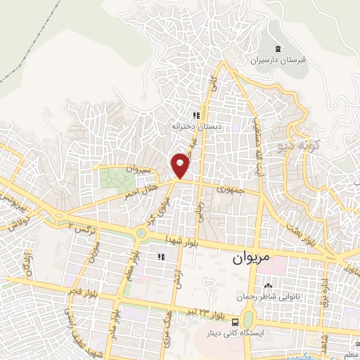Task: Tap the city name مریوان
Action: tap(250, 258)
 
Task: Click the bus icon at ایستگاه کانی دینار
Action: tap(234, 321)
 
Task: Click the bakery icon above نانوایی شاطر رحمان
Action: tap(268, 286)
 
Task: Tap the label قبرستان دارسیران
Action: tap(276, 60)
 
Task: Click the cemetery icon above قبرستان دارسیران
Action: tap(276, 48)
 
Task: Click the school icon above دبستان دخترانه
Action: tap(198, 115)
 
